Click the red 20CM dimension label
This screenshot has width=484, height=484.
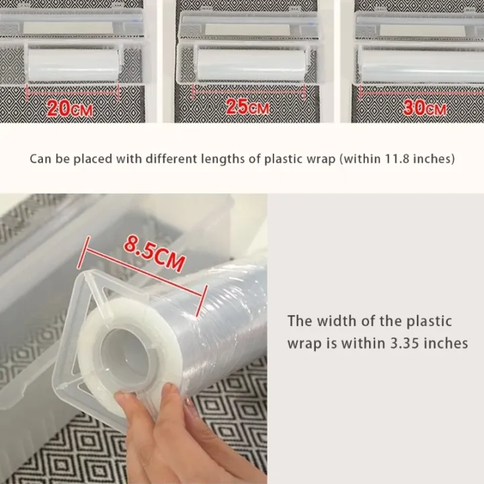pos(70,108)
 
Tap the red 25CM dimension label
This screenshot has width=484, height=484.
pos(247,106)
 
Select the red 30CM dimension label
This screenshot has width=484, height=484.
pos(425,108)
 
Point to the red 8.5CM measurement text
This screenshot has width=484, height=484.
pos(154,253)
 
